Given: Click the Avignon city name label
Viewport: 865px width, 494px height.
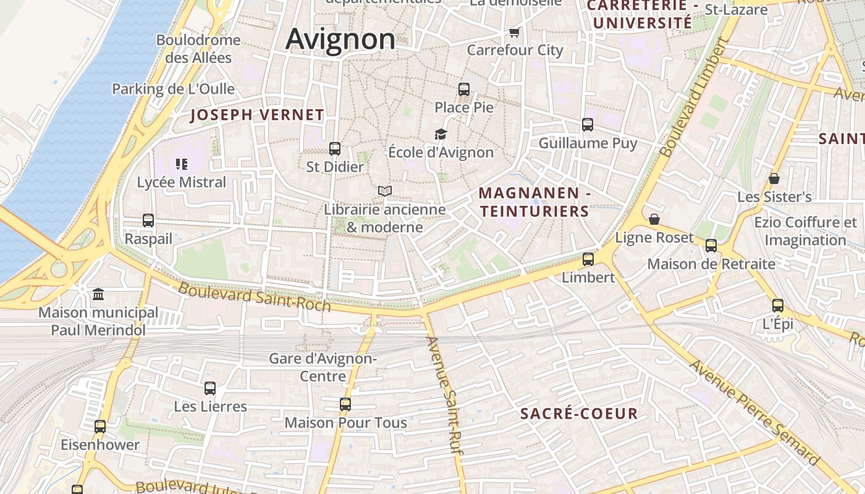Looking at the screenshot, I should click(340, 40).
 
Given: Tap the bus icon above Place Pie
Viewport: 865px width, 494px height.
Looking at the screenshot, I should click(464, 89).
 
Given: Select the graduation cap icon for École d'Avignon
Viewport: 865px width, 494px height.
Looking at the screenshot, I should click(441, 134).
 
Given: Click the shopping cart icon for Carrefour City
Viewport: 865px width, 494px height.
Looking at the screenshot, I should click(514, 32).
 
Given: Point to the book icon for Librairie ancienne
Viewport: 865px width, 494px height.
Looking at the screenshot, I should click(385, 191).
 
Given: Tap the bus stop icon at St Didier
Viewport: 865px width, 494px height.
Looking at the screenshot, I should click(335, 149).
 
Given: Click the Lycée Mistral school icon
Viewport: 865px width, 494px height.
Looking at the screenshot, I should click(182, 164).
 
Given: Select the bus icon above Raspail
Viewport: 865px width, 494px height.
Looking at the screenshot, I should click(148, 220).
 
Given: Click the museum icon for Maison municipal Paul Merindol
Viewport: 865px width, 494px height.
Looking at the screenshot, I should click(98, 295).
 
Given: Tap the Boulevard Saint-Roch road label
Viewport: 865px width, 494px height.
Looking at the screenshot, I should click(255, 297).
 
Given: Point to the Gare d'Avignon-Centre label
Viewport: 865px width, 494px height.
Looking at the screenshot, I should click(323, 367).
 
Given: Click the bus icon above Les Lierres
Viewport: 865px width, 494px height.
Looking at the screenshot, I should click(210, 388).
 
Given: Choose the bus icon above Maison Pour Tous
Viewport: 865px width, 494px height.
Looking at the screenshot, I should click(345, 404).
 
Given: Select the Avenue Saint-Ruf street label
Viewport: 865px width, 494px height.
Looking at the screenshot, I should click(445, 395).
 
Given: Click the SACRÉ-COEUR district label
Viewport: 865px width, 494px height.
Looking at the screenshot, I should click(578, 414).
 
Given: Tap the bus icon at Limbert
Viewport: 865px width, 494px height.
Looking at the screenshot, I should click(588, 259).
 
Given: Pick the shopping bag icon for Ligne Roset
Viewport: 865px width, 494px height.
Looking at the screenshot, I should click(654, 220).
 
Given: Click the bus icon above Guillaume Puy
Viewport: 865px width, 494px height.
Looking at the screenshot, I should click(588, 125).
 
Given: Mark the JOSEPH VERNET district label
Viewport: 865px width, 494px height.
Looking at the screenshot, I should click(256, 115).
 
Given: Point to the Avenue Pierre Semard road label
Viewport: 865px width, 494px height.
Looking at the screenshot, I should click(755, 412).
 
